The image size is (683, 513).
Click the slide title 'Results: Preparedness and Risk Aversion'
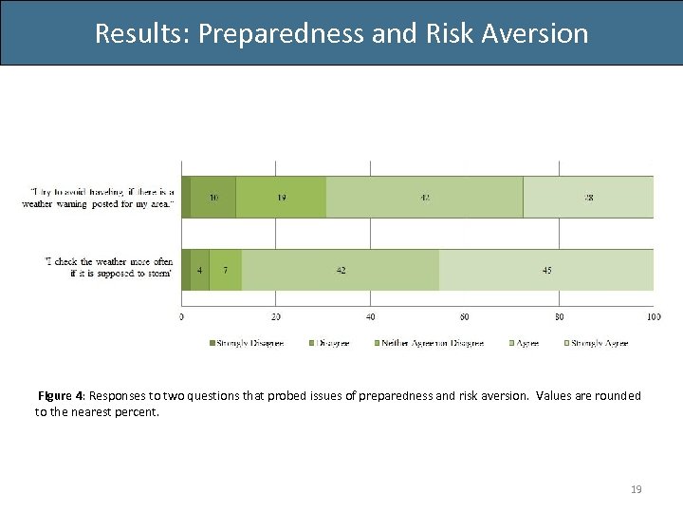pos(341,33)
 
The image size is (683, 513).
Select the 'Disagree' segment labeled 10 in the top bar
pos(213,197)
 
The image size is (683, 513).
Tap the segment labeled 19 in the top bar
pos(281,197)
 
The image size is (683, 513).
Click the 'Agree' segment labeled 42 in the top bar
pos(424,197)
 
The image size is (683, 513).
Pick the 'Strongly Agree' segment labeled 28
pos(588,197)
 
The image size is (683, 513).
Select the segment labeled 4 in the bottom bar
pos(200,270)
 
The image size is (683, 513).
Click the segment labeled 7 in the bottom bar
pos(225,270)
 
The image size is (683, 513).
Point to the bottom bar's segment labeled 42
pos(341,270)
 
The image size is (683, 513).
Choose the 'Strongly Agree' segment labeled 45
pos(546,270)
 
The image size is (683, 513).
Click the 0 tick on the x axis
pos(182,316)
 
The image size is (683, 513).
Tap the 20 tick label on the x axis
pos(276,316)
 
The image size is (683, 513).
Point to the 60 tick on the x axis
pos(465,316)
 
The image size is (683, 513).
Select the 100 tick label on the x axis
pos(652,316)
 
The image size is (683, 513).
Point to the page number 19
pos(637,489)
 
